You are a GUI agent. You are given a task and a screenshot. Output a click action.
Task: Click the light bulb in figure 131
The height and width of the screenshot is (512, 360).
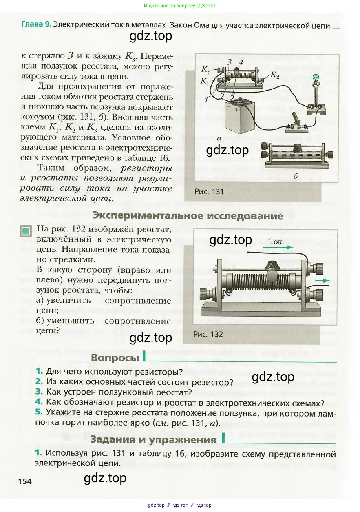tap(316, 78)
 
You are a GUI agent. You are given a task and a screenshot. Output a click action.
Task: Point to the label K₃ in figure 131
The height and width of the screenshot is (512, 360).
tap(206, 69)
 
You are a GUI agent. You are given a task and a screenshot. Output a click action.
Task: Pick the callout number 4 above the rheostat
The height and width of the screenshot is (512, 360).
tap(241, 62)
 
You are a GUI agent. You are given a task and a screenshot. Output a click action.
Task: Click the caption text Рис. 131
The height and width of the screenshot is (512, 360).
tap(209, 192)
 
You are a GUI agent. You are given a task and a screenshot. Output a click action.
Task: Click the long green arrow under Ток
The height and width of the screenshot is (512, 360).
tap(281, 247)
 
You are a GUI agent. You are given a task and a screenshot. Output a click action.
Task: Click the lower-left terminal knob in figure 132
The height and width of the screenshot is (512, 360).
tap(205, 294)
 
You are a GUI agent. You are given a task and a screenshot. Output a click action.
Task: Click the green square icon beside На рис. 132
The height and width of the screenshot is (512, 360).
tap(26, 231)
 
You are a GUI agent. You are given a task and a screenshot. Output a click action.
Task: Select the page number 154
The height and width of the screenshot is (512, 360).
tap(25, 481)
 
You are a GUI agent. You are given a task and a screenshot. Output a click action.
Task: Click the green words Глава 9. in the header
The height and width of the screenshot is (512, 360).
tap(36, 24)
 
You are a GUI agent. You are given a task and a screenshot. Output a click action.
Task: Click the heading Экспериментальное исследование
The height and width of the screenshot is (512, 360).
tap(187, 215)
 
